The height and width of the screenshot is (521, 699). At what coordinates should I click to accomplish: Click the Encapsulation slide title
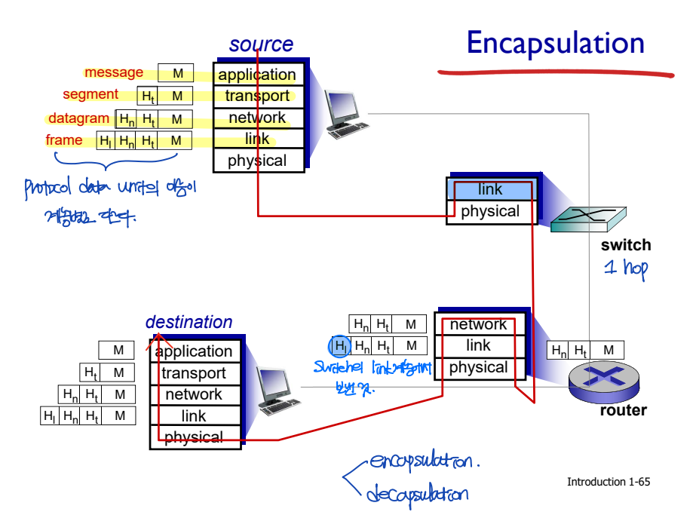point(555,43)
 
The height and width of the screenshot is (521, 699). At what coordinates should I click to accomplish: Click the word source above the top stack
point(261,44)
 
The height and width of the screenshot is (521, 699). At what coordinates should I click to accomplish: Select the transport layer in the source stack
point(257,96)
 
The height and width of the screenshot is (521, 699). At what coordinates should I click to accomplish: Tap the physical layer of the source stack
point(257,161)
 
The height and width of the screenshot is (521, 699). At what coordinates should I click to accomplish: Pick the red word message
point(114,72)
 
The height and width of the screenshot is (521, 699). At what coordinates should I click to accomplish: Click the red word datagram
point(78,118)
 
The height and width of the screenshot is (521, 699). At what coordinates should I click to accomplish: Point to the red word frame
point(64,140)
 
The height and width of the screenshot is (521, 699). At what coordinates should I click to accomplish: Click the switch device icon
point(588,218)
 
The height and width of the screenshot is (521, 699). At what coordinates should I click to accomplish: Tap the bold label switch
point(625,245)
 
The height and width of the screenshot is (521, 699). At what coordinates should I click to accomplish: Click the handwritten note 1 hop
point(625,268)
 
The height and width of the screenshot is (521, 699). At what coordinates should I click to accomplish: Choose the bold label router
point(623,411)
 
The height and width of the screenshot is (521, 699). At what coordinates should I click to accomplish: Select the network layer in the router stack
point(478,325)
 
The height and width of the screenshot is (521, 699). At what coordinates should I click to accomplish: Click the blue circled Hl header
point(340,346)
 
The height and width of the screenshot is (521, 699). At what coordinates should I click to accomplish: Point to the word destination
point(189,322)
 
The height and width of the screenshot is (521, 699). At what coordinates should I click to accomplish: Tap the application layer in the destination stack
point(194,351)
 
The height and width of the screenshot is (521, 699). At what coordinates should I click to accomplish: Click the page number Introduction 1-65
point(608,482)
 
